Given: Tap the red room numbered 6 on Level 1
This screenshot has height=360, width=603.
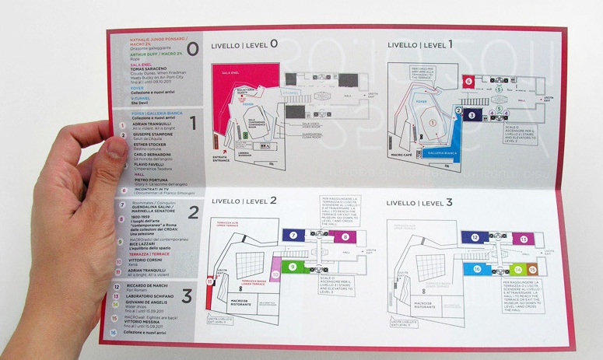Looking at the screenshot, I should pos(468,79).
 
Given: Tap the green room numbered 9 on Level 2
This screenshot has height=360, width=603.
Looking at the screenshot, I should pos(293,266).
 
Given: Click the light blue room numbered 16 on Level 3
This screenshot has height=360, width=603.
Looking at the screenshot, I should pos(475,267).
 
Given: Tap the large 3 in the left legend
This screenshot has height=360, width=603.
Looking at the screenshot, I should pos(186,295).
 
